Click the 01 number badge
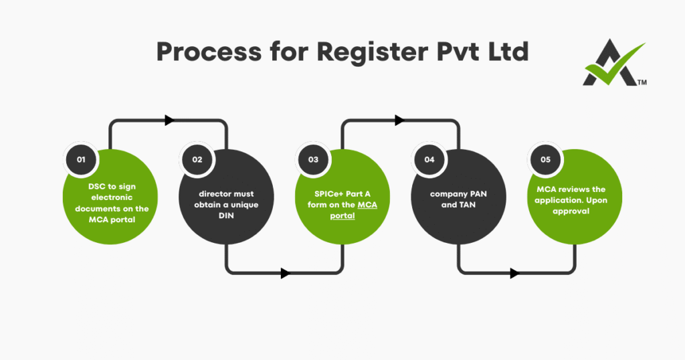coord(82,159)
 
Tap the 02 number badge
coord(197,159)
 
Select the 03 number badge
coord(313,159)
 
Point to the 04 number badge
coord(429,159)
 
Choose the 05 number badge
coord(545,159)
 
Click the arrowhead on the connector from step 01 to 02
coord(169,120)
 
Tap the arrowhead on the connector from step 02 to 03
coord(286,273)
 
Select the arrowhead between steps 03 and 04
coord(400,120)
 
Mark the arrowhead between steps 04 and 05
coord(515,273)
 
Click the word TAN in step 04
coord(468,205)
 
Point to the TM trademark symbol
coord(642,82)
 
